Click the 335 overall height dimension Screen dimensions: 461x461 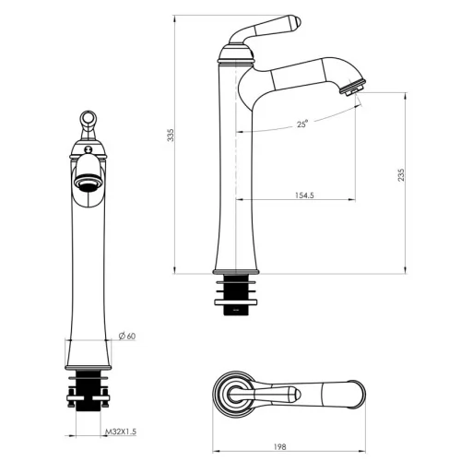pyautogui.click(x=171, y=135)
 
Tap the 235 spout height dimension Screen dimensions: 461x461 pyautogui.click(x=401, y=175)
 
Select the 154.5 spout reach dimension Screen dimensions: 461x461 pyautogui.click(x=304, y=195)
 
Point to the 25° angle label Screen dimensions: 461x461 pyautogui.click(x=301, y=124)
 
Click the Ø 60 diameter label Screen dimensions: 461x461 pyautogui.click(x=127, y=336)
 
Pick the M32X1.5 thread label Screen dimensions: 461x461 pyautogui.click(x=121, y=431)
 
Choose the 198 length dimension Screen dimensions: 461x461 pyautogui.click(x=279, y=446)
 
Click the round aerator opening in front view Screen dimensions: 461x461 pyautogui.click(x=89, y=183)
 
